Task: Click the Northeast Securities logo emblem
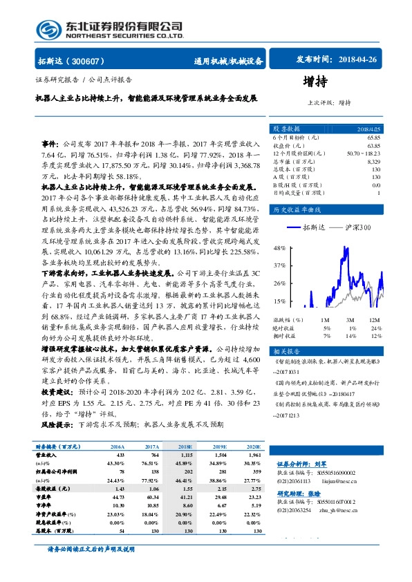tap(47, 29)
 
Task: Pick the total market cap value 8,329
tap(373, 162)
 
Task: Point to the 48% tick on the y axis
tap(279, 247)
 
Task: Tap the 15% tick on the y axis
tap(279, 301)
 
